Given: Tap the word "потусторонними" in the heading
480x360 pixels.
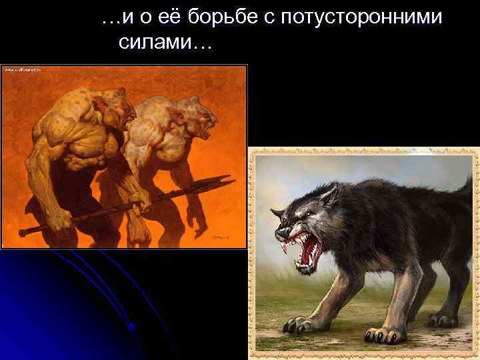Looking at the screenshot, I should click(x=361, y=18).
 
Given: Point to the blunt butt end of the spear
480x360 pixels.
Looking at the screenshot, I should click(x=24, y=233).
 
